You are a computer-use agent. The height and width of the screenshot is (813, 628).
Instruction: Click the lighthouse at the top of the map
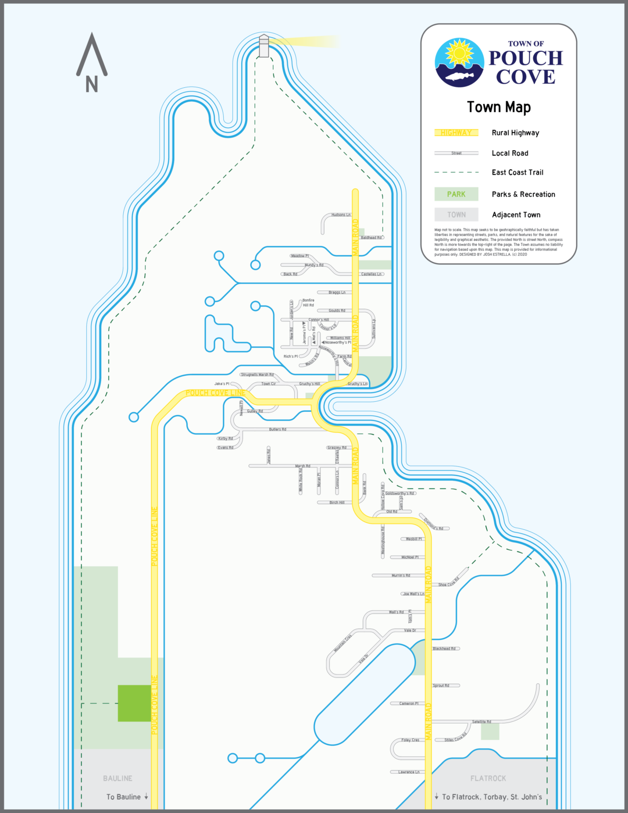(x=263, y=46)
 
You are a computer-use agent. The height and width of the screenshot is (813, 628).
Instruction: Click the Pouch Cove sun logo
(x=459, y=62)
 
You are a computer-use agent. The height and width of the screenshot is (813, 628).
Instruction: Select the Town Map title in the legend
(x=498, y=107)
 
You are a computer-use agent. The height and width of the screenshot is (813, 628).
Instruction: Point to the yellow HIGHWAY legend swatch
(x=456, y=133)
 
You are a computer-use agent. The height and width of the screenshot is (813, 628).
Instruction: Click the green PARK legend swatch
(x=456, y=194)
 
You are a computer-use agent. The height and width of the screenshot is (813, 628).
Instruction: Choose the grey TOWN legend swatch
(x=456, y=214)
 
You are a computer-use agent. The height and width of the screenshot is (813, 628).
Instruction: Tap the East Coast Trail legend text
(x=517, y=173)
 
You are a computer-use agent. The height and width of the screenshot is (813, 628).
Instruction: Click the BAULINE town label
(x=117, y=778)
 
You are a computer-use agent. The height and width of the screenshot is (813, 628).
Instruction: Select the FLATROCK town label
(x=488, y=778)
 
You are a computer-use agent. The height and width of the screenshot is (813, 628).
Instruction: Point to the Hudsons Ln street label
(x=341, y=215)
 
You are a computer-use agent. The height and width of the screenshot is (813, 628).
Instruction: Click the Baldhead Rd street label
(x=371, y=238)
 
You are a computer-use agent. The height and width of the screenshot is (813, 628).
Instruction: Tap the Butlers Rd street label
(x=277, y=429)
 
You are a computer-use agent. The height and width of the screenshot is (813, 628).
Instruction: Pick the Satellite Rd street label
(x=481, y=722)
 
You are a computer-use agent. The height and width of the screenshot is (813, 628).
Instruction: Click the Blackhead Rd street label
(x=444, y=648)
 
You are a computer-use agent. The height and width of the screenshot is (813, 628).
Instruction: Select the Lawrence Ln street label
(x=408, y=772)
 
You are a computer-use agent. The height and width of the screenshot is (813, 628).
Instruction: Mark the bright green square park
(x=134, y=703)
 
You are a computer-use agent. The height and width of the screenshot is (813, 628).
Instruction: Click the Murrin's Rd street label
(x=401, y=575)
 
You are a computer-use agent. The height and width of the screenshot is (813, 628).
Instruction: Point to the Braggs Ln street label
(x=336, y=292)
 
